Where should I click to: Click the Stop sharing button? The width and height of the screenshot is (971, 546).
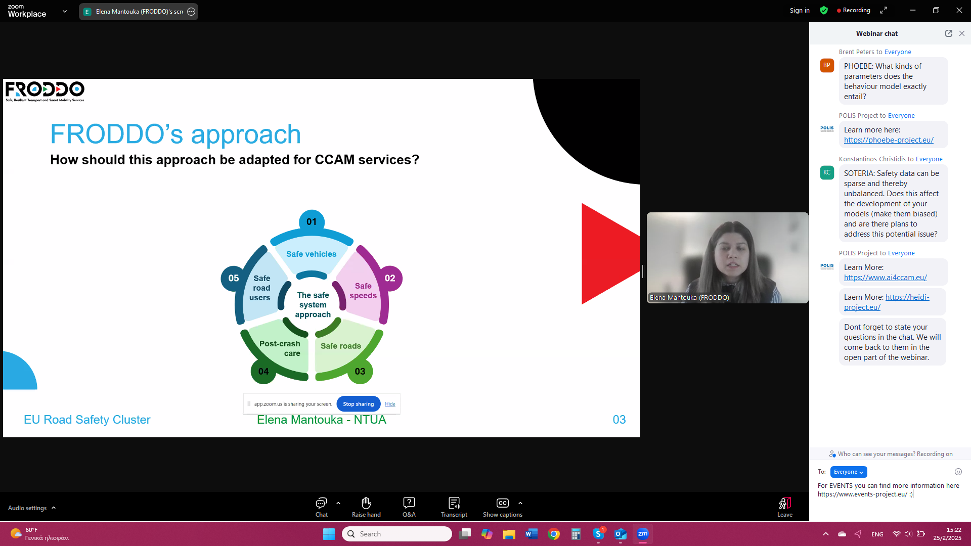358,404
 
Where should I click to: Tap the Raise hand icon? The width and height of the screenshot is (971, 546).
366,503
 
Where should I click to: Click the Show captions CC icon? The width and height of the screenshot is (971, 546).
502,503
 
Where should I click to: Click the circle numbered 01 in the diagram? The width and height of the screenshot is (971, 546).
312,221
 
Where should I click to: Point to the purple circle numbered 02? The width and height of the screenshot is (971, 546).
390,278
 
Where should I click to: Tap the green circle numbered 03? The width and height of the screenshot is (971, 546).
360,372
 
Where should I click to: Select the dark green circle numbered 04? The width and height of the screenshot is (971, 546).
263,372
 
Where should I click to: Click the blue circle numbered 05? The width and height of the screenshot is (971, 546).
234,278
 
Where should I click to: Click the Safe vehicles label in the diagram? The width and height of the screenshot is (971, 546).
311,254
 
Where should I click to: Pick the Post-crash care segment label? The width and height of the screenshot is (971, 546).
280,348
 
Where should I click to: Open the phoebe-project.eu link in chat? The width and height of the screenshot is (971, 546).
889,140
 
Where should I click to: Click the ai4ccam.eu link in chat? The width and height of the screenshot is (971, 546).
885,278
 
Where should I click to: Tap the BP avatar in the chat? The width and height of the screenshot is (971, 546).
827,65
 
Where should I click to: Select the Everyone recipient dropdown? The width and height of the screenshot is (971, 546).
849,472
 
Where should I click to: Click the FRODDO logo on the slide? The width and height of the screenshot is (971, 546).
45,92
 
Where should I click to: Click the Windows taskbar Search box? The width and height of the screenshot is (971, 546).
397,534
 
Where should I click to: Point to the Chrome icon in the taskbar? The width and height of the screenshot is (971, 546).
554,534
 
